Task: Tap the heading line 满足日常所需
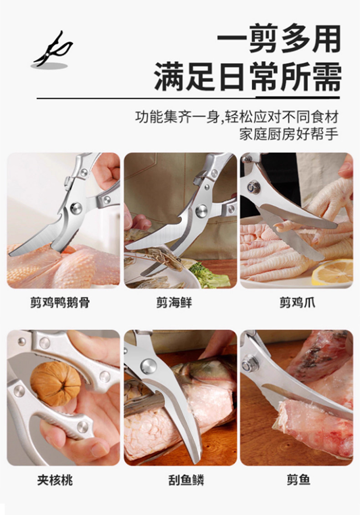point(247,77)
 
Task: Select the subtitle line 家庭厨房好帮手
point(288,134)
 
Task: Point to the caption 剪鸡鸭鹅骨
point(60,302)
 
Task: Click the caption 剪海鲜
point(174,302)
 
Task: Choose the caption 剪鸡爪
point(297,302)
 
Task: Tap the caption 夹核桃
point(55,480)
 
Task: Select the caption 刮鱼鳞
point(186,480)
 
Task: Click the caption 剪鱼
point(298,480)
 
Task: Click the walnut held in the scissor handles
point(55,383)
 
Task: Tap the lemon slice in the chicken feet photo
point(333,271)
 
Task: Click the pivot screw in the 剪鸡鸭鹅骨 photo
point(76,208)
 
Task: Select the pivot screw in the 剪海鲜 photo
point(201,211)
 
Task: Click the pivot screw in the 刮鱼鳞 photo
point(149,366)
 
